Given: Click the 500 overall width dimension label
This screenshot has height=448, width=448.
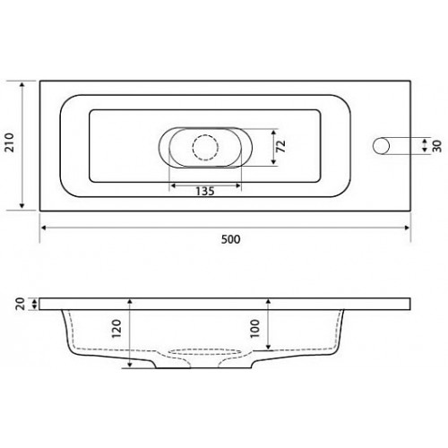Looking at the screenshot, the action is pos(230,239).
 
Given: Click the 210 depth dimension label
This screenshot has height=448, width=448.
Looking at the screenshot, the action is pos(10,142).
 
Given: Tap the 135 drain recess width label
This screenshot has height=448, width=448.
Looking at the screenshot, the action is pos(205,191).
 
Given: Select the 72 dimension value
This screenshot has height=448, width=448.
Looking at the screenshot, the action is pos(281,146).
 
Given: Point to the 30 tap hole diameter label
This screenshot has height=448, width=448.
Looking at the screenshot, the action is pos(437,146).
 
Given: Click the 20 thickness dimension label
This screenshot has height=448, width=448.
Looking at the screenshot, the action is pos(21,304).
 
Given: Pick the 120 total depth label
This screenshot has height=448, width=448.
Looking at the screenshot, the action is pos(116,329).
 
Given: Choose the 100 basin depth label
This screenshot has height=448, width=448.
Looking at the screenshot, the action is pos(254,328).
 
